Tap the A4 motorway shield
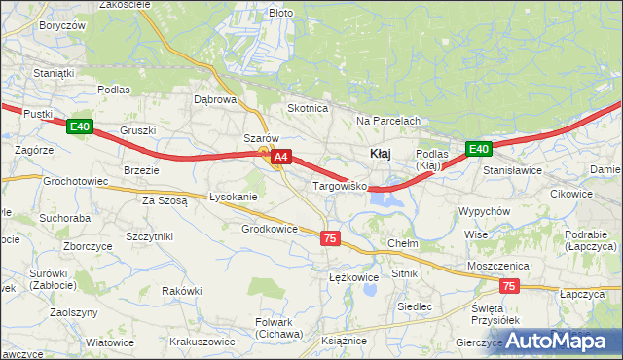pyautogui.click(x=280, y=156)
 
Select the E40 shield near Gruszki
pyautogui.click(x=80, y=126)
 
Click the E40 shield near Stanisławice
pyautogui.click(x=477, y=149)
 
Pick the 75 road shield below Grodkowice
pyautogui.click(x=331, y=238)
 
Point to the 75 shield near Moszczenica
pyautogui.click(x=509, y=286)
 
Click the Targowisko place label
pyautogui.click(x=338, y=184)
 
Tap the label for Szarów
pyautogui.click(x=261, y=138)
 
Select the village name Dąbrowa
pyautogui.click(x=215, y=99)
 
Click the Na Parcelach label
pyautogui.click(x=387, y=121)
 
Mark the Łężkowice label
pyautogui.click(x=352, y=277)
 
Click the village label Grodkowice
pyautogui.click(x=269, y=229)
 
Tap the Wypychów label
pyautogui.click(x=485, y=211)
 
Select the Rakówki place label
pyautogui.click(x=181, y=290)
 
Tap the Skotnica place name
pyautogui.click(x=307, y=108)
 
